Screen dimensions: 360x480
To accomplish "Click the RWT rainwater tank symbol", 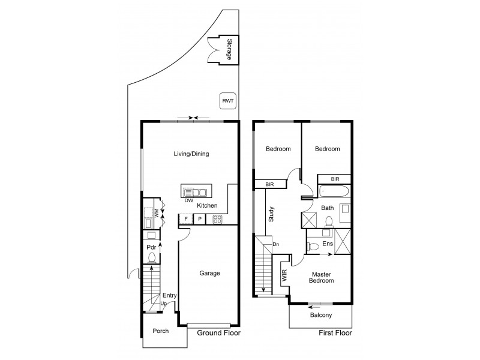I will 227,101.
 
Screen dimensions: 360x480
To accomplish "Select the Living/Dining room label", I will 191,154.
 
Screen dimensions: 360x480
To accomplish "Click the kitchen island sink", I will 195,193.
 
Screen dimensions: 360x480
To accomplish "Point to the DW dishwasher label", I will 188,201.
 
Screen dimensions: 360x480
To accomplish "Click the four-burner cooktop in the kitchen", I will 215,220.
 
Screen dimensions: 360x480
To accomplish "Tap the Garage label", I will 209,274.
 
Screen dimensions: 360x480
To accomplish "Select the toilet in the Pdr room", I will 152,259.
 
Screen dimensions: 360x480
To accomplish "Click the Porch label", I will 160,331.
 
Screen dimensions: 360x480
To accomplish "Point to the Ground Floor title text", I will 220,333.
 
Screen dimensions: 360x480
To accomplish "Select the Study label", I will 272,214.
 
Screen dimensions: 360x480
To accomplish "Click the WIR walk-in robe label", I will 283,277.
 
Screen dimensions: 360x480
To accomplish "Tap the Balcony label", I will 321,316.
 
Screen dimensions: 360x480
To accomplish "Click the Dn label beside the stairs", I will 275,244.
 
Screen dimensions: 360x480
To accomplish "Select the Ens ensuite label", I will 327,245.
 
